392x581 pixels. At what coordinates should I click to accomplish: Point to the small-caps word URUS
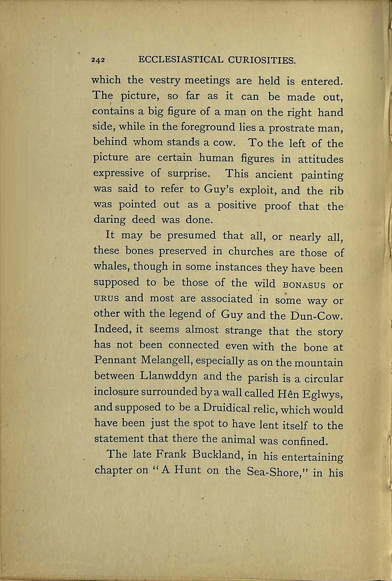(106, 299)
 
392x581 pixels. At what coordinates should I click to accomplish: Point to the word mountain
(318, 363)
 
